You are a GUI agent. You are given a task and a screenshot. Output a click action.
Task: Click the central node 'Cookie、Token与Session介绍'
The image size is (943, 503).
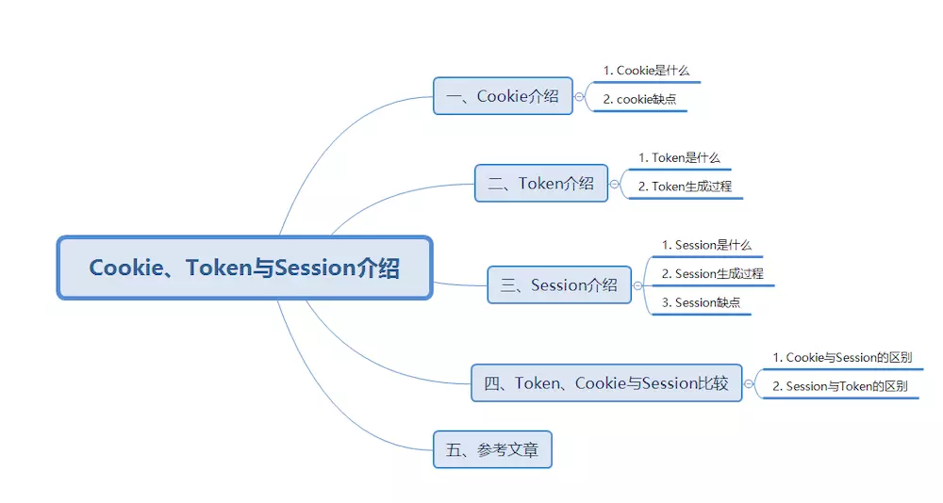click(x=245, y=268)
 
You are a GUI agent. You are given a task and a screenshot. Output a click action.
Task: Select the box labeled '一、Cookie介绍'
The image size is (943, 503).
click(x=503, y=96)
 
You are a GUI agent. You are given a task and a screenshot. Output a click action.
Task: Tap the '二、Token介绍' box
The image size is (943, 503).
click(x=541, y=184)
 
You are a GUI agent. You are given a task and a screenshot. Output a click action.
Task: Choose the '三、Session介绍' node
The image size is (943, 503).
click(x=559, y=284)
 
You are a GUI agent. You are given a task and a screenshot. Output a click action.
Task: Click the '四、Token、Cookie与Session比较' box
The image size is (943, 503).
click(x=606, y=382)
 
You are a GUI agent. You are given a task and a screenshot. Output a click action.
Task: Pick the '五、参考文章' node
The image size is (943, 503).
click(x=492, y=449)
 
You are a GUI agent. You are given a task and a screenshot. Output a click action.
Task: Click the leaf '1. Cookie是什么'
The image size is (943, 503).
click(x=647, y=71)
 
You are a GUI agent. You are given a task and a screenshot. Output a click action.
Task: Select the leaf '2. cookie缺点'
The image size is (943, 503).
click(x=640, y=99)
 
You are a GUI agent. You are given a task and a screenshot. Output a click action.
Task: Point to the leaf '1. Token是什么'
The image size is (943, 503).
click(x=679, y=157)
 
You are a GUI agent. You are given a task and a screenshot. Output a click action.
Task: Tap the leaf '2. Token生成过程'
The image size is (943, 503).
click(x=685, y=187)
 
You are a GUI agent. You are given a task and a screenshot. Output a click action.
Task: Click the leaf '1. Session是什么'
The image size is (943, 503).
click(x=706, y=245)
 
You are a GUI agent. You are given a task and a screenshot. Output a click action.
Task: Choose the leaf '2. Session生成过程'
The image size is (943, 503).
click(x=713, y=273)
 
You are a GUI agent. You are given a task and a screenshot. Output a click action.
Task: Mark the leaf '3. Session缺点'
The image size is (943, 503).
click(x=702, y=302)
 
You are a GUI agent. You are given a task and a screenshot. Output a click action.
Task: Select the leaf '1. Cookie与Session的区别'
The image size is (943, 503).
click(x=842, y=358)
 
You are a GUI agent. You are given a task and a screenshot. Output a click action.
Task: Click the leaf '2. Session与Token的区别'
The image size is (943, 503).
click(x=840, y=386)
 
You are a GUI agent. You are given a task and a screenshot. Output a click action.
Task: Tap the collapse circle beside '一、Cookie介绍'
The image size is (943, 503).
click(x=579, y=97)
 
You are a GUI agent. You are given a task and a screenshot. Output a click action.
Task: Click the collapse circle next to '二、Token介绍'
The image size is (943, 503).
click(x=614, y=184)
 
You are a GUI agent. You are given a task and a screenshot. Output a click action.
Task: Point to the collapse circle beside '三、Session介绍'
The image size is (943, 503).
click(x=637, y=285)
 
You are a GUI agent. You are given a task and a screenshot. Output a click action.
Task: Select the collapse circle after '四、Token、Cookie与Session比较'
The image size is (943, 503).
click(x=749, y=383)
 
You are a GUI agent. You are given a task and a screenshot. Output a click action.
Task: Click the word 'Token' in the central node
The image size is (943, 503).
click(x=218, y=268)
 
